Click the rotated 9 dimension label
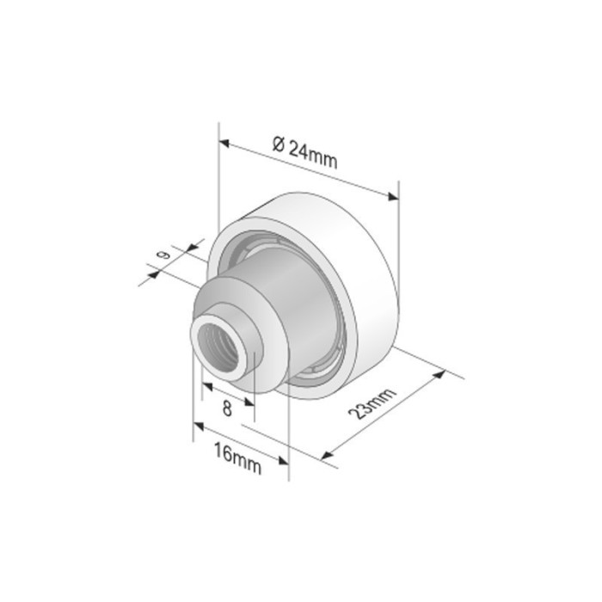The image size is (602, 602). (x=161, y=255)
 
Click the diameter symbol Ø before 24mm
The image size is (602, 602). (x=278, y=144)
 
